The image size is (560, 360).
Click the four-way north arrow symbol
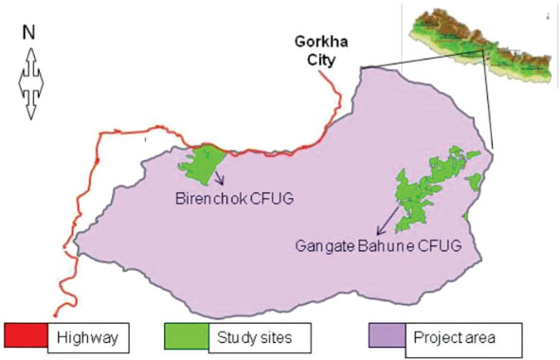(x=28, y=82)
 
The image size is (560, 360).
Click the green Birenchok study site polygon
(x=201, y=165)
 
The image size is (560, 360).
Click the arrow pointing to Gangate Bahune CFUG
(x=386, y=225)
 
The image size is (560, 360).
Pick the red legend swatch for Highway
(x=27, y=335)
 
